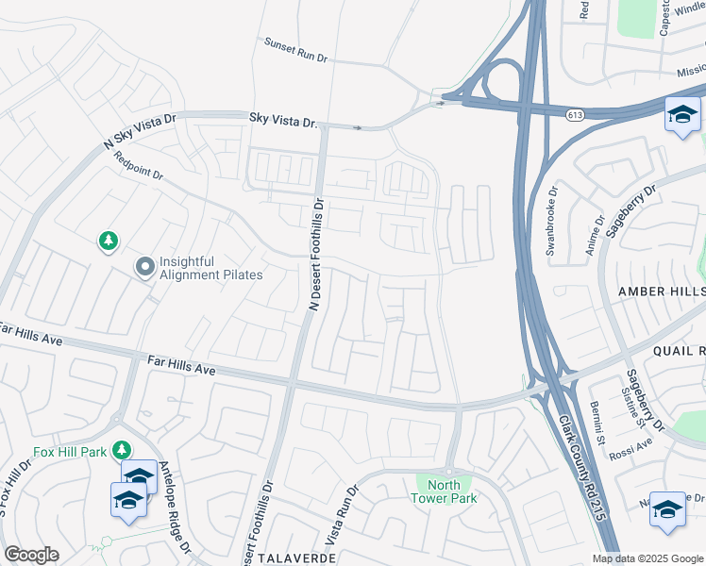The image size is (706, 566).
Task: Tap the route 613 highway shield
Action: [574, 114]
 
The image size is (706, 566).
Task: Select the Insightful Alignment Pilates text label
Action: [212, 268]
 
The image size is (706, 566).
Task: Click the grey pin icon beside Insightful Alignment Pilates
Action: [144, 268]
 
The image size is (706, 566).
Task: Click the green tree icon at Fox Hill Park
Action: [121, 449]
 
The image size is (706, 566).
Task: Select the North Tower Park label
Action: [446, 491]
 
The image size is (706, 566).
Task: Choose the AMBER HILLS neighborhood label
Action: [661, 292]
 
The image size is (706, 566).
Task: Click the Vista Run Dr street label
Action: [346, 519]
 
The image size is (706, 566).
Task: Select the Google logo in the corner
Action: [31, 555]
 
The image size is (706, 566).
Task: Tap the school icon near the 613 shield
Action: [682, 115]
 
